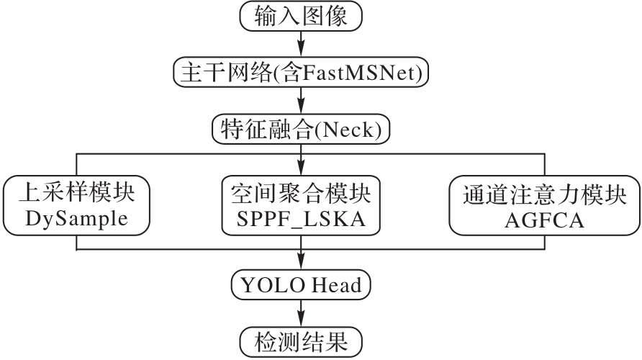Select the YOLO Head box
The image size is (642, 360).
tap(300, 286)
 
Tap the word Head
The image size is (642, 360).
tap(337, 286)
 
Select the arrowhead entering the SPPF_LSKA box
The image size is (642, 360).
tap(301, 169)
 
